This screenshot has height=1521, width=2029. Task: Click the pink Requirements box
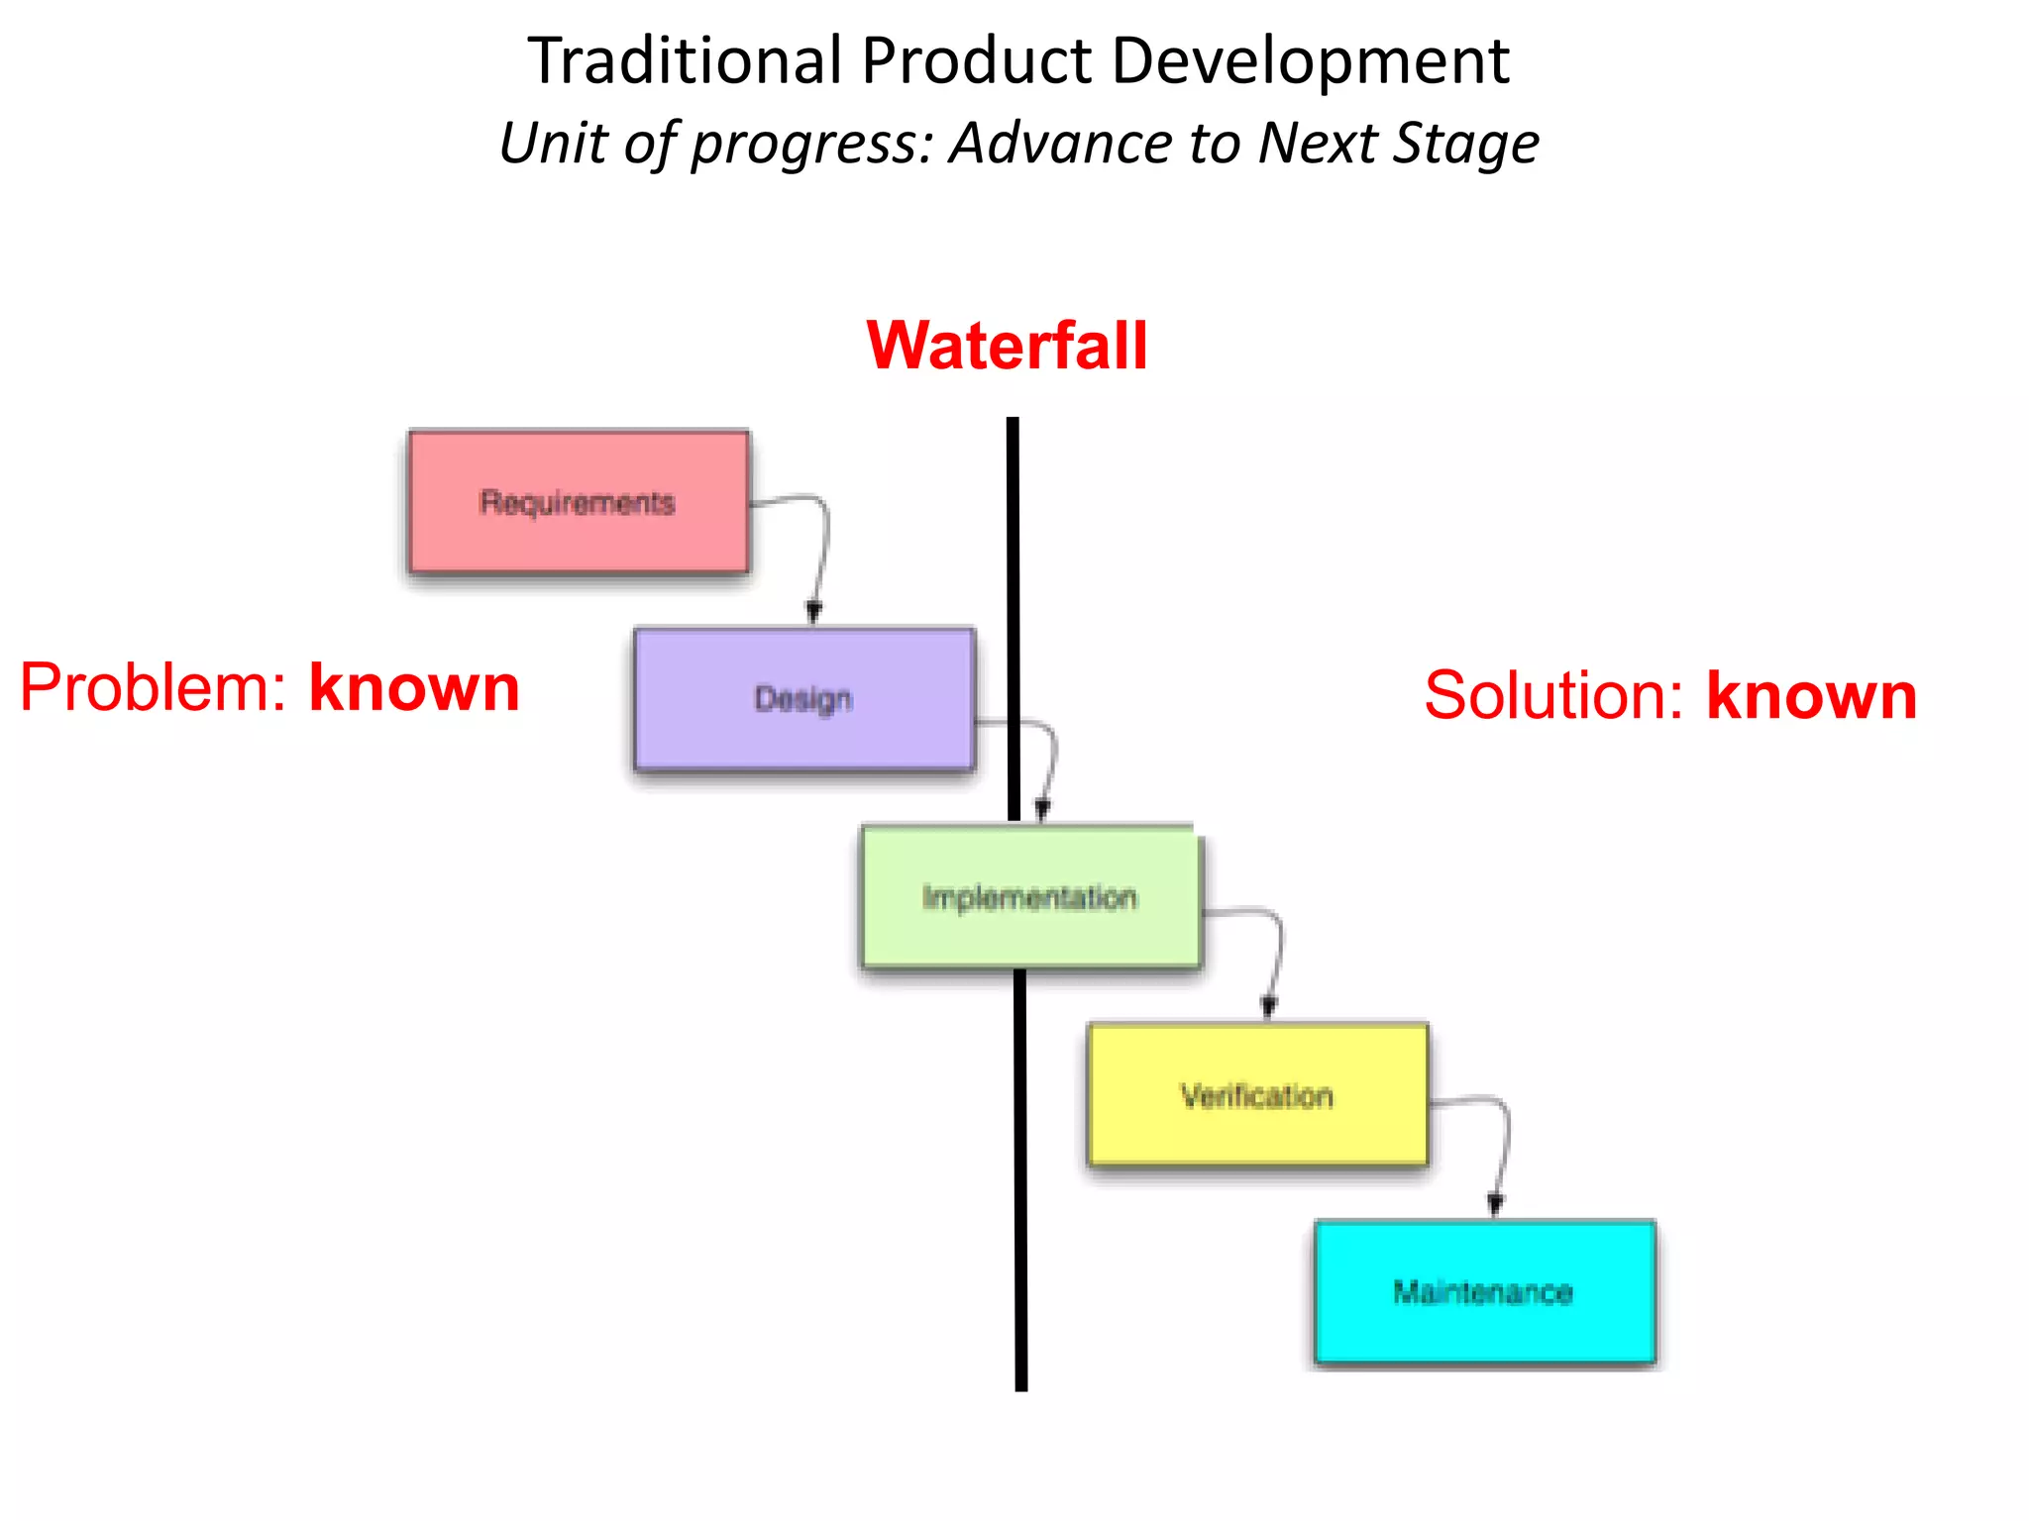tap(579, 502)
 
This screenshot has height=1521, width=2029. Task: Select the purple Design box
tap(804, 699)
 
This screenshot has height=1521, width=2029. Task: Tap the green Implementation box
tap(1030, 897)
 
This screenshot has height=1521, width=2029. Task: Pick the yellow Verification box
tap(1257, 1095)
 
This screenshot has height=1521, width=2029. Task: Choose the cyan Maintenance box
tap(1484, 1292)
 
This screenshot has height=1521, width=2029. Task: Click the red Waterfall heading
tap(1007, 346)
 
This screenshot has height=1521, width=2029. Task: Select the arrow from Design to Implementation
tap(1050, 762)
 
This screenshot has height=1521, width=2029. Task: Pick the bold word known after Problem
tap(414, 687)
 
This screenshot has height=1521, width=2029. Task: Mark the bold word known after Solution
tap(1811, 695)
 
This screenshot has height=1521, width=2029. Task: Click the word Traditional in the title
tap(685, 61)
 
